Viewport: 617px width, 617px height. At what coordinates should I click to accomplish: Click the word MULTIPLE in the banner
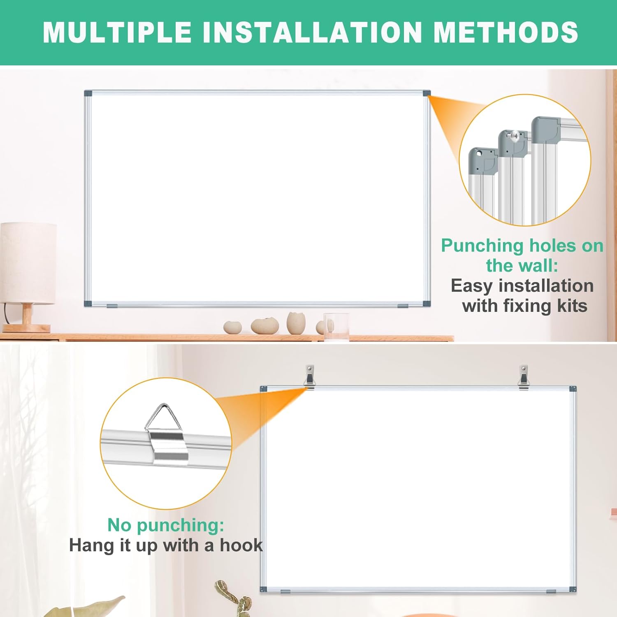(x=117, y=32)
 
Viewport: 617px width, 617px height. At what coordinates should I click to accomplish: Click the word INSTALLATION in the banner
(x=313, y=32)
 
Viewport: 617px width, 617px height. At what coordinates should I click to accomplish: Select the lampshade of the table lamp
(x=28, y=263)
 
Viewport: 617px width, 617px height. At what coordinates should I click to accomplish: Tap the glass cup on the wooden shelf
(x=336, y=327)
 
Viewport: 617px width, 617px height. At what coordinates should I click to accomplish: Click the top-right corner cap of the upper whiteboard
(x=427, y=93)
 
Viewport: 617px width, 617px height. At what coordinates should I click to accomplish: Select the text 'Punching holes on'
(x=522, y=246)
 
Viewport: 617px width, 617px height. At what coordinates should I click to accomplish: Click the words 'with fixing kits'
(x=524, y=306)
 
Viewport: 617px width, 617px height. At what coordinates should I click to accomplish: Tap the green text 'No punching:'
(x=166, y=525)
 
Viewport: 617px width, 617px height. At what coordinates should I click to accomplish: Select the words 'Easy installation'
(x=522, y=285)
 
